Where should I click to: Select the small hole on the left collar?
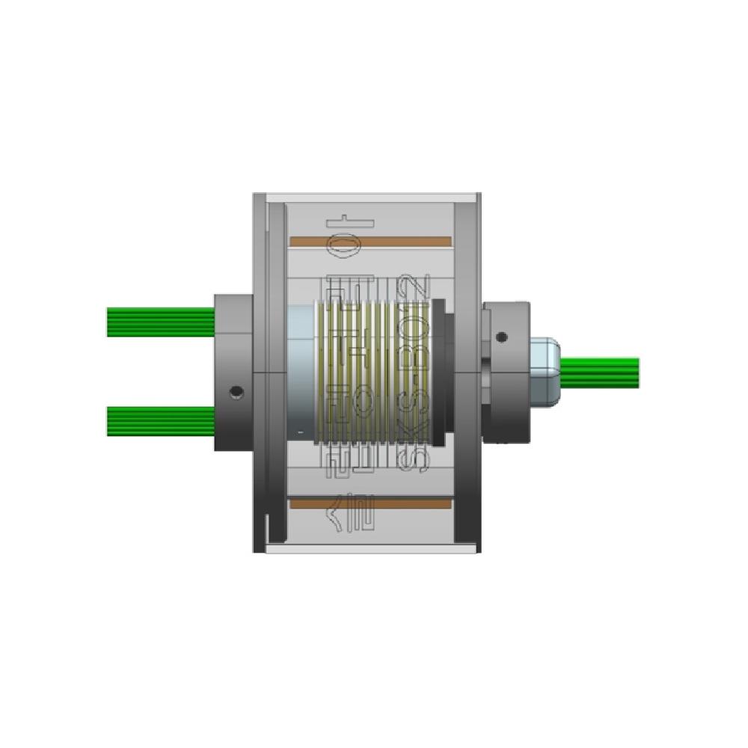tap(237, 391)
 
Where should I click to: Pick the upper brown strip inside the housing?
tap(370, 241)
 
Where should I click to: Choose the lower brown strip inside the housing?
tap(370, 504)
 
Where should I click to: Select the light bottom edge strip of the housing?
tap(370, 548)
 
